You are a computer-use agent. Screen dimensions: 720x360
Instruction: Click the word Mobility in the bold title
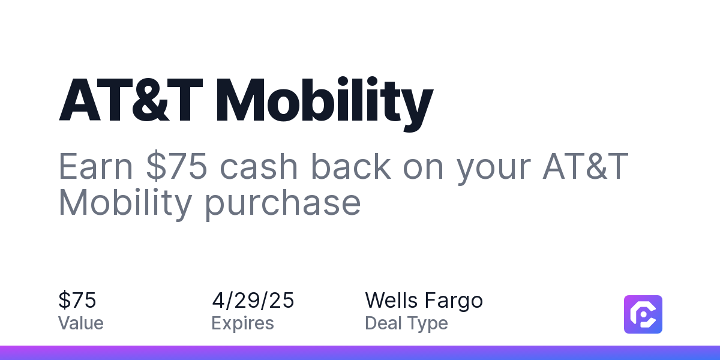325,103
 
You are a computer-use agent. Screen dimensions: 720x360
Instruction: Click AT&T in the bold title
131,100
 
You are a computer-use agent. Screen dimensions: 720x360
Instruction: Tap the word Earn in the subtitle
95,166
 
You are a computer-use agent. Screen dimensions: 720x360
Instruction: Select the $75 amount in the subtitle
176,166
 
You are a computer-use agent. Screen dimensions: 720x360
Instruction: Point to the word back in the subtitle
350,166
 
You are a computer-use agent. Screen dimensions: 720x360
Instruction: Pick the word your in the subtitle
493,170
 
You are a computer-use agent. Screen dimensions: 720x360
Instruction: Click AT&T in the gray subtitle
586,166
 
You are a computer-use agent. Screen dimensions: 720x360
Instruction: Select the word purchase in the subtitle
283,205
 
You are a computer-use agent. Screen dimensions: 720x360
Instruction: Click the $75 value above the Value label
77,300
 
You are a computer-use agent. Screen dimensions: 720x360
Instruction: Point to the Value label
80,323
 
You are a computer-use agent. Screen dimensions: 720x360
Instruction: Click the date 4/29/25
253,300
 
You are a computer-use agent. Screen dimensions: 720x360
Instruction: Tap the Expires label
242,323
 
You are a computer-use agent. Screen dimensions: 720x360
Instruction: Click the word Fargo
454,301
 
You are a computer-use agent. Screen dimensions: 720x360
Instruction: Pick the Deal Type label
406,323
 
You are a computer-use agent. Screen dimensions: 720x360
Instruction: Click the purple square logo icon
643,314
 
